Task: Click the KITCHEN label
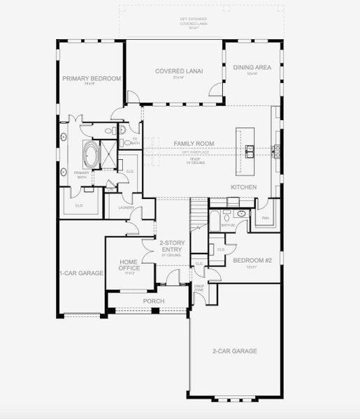click(244, 187)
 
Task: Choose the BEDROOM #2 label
click(248, 260)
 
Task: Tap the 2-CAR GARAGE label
click(234, 351)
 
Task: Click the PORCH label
click(153, 301)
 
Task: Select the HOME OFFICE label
click(128, 265)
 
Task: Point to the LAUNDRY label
click(126, 207)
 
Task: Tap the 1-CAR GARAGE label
click(81, 272)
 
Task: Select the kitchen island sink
click(249, 148)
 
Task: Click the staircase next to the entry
click(200, 212)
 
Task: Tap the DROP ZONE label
click(199, 288)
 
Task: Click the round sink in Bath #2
click(240, 213)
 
